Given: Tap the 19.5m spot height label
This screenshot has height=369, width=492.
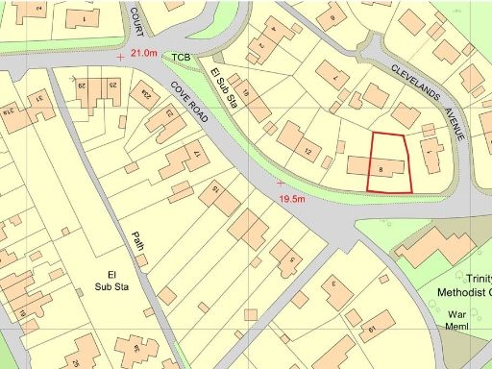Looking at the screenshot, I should (x=291, y=199).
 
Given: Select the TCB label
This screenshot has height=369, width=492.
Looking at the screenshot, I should (x=182, y=58).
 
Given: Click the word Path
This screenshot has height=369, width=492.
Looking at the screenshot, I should (x=137, y=241).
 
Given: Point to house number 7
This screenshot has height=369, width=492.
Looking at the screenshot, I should (x=334, y=77).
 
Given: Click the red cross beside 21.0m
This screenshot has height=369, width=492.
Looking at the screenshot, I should (x=119, y=57).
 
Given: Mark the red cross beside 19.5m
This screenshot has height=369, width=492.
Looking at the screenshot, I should (x=280, y=182).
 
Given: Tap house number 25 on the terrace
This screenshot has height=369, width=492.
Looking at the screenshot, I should (x=112, y=87).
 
